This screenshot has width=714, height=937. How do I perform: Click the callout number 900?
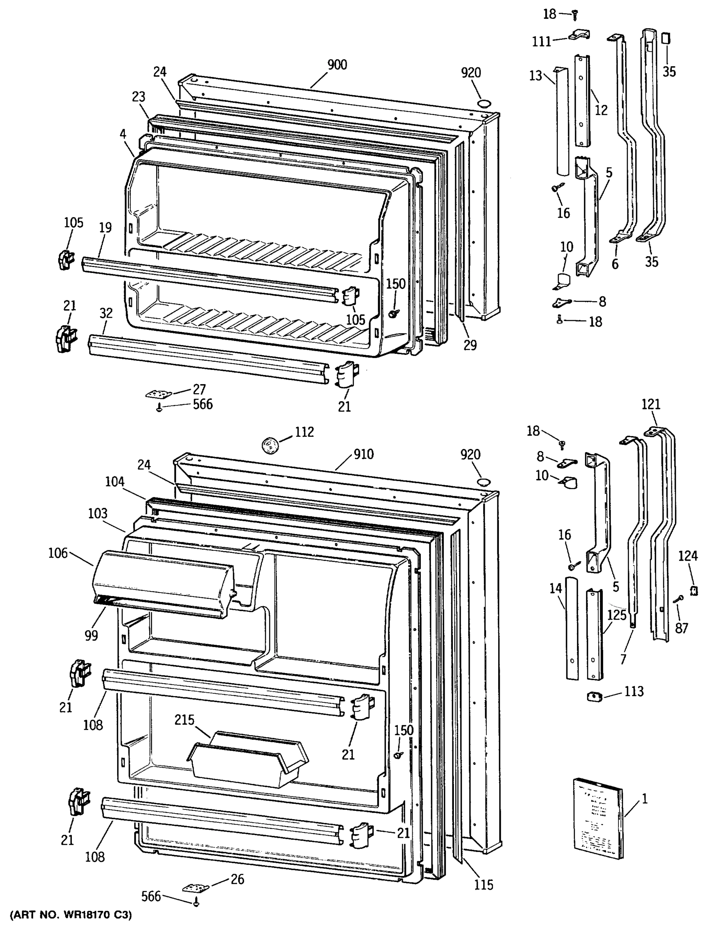337,65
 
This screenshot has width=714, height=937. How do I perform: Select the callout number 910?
364,454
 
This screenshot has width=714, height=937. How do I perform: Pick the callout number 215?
184,720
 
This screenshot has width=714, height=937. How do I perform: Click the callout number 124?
688,556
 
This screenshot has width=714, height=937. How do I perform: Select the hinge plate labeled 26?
196,888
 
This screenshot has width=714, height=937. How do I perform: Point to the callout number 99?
91,635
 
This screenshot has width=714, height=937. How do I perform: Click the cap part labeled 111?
579,34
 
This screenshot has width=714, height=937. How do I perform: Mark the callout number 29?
470,345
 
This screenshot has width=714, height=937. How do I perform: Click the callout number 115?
484,885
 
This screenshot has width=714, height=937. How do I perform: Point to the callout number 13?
536,76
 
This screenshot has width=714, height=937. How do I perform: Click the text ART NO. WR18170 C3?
71,915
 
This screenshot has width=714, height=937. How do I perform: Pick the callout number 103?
98,513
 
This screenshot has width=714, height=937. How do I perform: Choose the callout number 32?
106,313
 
